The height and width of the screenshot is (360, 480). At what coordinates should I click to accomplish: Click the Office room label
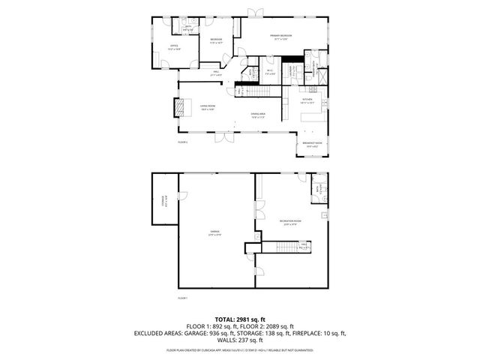(173, 47)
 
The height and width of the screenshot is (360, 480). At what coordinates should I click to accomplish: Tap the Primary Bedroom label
(281, 37)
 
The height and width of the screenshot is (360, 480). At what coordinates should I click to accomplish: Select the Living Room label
(207, 108)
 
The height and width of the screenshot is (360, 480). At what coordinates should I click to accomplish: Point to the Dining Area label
(259, 115)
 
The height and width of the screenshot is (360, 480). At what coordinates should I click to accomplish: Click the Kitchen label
(307, 100)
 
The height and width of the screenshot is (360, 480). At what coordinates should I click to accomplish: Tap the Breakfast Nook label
(313, 144)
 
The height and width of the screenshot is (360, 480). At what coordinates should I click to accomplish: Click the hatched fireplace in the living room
(178, 108)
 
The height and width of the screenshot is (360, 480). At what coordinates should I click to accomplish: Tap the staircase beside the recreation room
(279, 247)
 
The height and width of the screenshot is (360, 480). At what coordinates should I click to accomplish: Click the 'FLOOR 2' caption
(182, 142)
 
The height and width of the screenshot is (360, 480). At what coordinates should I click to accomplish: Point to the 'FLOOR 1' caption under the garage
(182, 298)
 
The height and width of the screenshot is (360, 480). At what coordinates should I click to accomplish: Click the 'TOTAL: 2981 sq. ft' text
(239, 319)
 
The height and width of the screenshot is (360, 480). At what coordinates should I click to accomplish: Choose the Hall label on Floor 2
(217, 73)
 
